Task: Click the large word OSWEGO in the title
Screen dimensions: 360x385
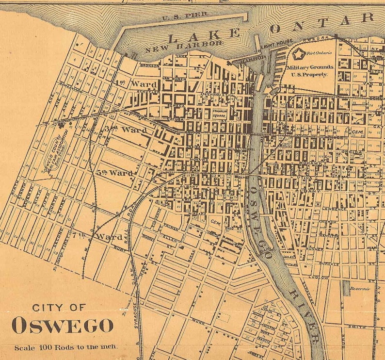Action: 63,325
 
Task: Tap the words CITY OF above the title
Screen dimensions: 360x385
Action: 59,307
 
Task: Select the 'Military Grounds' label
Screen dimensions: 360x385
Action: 309,67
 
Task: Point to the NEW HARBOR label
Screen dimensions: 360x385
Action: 184,47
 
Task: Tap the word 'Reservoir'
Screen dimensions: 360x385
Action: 360,288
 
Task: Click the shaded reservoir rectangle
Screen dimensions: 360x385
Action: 346,288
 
